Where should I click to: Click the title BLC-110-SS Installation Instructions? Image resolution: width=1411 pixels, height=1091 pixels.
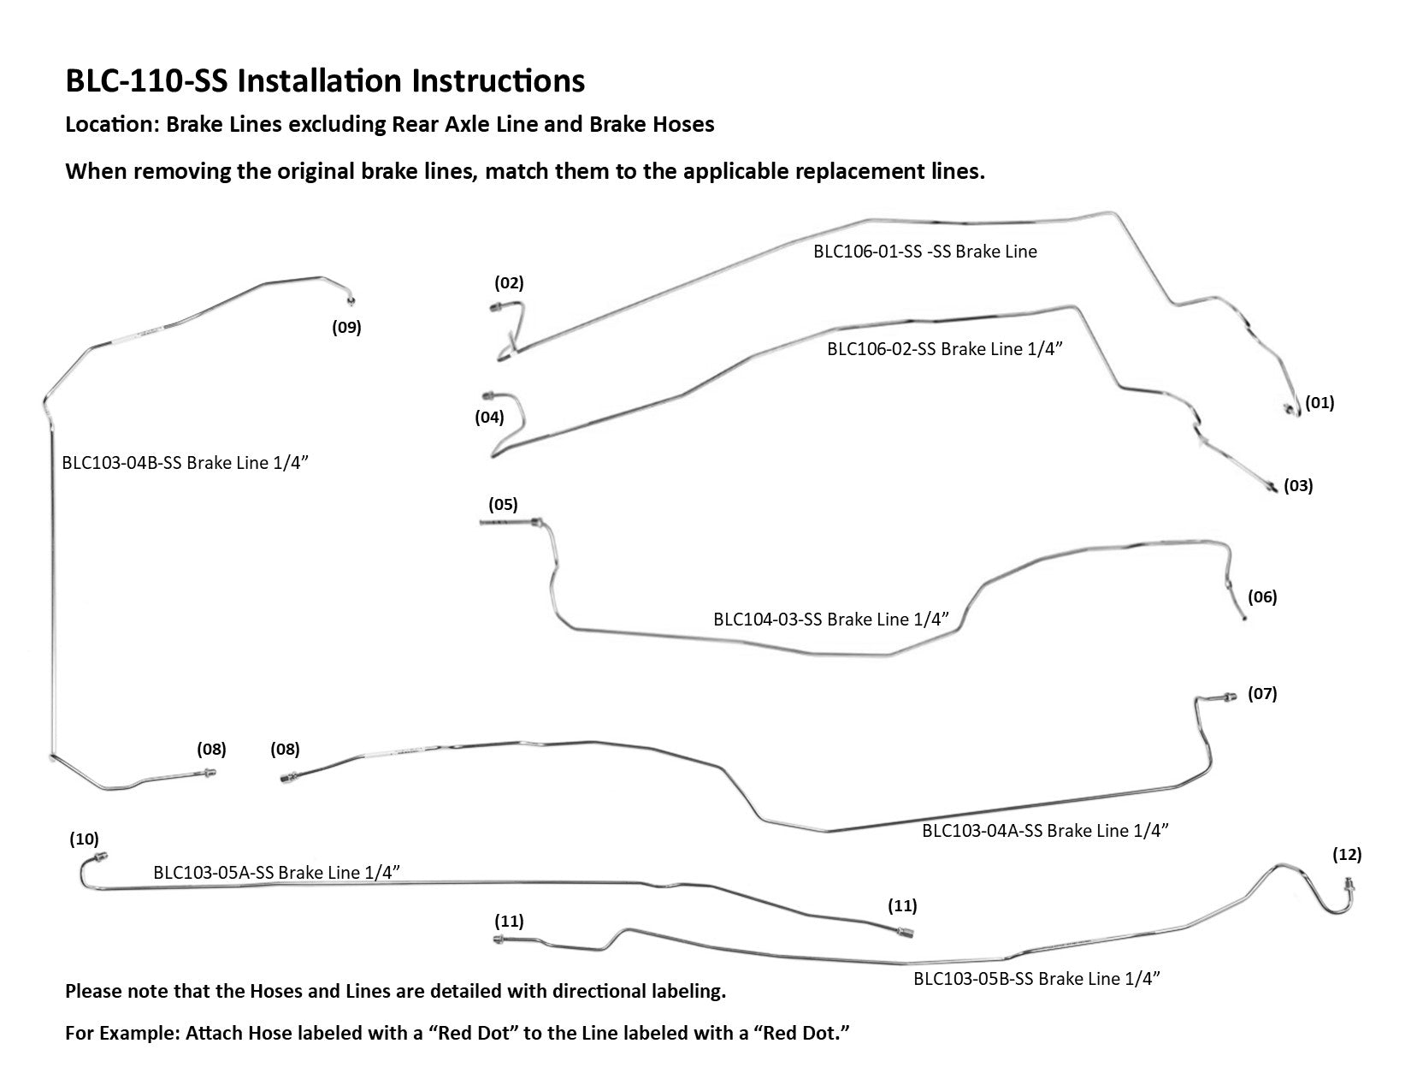point(325,81)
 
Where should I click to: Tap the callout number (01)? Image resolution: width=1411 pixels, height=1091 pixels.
point(1319,402)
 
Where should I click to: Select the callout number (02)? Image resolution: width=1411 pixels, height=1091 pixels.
point(509,282)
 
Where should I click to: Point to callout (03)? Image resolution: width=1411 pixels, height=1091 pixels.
point(1297,485)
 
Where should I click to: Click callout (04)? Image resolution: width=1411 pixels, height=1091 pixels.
point(489,418)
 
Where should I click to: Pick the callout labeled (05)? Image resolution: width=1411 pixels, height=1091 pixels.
point(503,504)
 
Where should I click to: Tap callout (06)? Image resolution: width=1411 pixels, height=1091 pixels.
point(1261,596)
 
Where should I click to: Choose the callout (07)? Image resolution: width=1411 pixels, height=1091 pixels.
point(1261,693)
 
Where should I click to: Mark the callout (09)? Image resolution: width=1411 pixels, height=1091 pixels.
point(346,327)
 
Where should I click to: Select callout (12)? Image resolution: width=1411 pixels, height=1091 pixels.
point(1347,854)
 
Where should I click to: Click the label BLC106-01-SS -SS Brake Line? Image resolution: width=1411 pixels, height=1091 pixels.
point(924,252)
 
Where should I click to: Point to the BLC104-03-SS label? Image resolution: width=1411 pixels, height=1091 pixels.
point(830,619)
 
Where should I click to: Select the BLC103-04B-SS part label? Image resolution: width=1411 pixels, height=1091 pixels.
point(184,463)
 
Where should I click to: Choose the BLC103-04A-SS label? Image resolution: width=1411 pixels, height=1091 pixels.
point(1044,830)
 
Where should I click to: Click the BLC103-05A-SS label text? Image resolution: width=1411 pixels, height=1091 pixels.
point(277,873)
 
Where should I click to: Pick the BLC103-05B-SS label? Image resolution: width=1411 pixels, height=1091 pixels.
point(1036,979)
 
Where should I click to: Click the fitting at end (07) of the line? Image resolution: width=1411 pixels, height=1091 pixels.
point(1229,697)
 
